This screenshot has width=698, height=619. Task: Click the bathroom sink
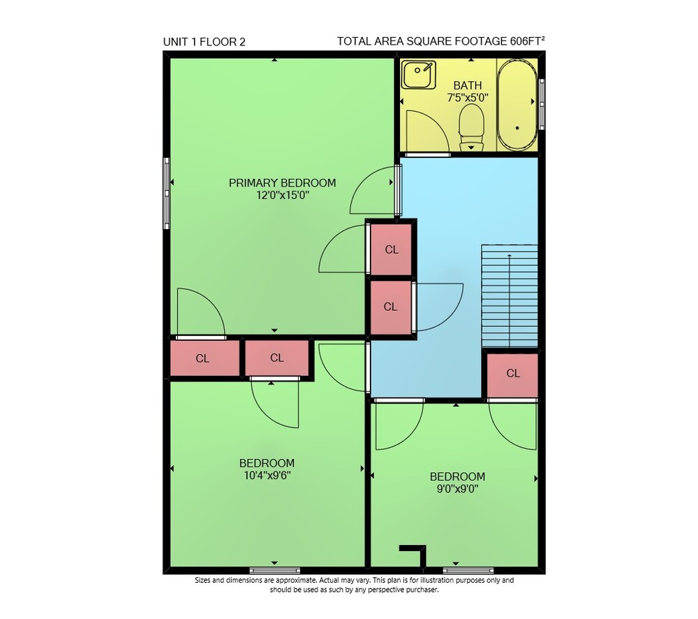[x=418, y=75]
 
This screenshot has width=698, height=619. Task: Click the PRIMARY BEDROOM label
[x=282, y=183]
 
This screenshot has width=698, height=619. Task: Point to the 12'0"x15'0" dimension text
[x=282, y=195]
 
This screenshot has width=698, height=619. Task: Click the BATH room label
[x=468, y=85]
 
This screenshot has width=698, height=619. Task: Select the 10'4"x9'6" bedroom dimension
[x=267, y=476]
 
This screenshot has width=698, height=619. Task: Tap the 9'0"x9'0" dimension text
[x=458, y=489]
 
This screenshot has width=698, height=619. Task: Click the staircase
[x=510, y=296]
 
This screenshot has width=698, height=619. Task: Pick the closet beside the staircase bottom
[x=513, y=374]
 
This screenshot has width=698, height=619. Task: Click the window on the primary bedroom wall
[x=167, y=194]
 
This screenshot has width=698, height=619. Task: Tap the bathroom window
[x=542, y=104]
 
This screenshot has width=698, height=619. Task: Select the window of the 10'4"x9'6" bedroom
[x=274, y=570]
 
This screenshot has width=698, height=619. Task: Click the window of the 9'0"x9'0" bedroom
[x=468, y=570]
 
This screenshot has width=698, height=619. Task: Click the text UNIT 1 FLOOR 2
[x=205, y=42]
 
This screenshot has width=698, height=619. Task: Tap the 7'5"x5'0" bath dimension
[x=468, y=98]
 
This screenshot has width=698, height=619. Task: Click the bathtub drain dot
[x=517, y=128]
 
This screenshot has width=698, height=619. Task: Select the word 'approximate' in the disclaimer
[x=296, y=581]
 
